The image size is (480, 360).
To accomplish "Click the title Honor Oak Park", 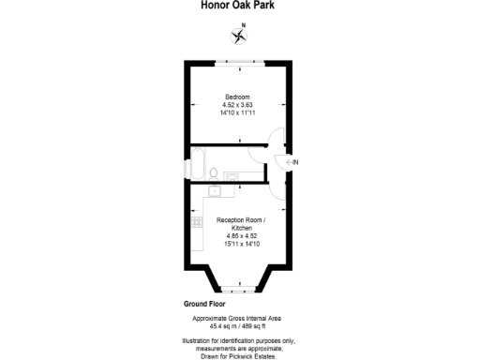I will (239, 5).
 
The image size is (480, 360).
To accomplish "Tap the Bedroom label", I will (237, 94).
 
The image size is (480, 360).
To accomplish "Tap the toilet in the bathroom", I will (215, 173).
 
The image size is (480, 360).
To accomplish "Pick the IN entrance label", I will (295, 164).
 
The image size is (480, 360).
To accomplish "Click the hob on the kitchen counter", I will (197, 222).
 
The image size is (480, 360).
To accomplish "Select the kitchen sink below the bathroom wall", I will (214, 190).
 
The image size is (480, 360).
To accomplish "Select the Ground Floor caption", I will (202, 306).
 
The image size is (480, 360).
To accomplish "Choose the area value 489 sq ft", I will (258, 326).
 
